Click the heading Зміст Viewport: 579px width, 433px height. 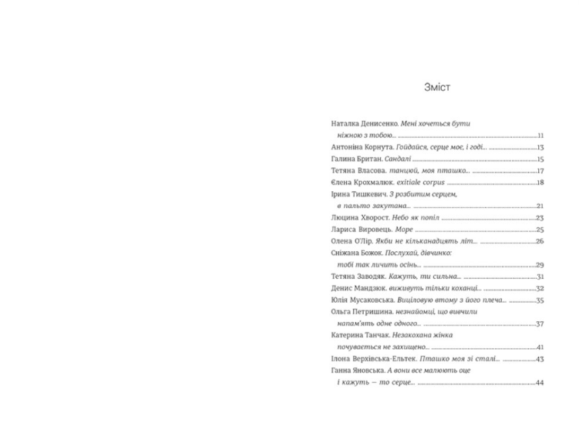click(x=437, y=88)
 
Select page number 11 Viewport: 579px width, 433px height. click(x=541, y=135)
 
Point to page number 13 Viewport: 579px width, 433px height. click(x=541, y=147)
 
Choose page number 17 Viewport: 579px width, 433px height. click(x=541, y=171)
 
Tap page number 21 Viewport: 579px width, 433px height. click(x=541, y=206)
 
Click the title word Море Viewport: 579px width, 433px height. click(x=405, y=230)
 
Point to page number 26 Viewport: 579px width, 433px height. click(x=541, y=241)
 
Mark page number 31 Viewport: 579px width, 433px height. click(x=541, y=277)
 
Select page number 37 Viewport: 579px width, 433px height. click(x=541, y=324)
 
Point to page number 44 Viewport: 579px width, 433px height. click(x=540, y=383)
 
